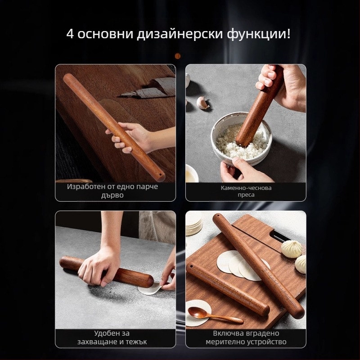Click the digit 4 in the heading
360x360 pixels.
pos(70,34)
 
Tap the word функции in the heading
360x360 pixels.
pos(258,34)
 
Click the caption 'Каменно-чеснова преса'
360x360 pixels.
pos(246,191)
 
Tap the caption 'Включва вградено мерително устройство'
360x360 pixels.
pos(246,337)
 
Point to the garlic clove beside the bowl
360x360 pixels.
pos(203,103)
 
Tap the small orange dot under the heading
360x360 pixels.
pos(177,56)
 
